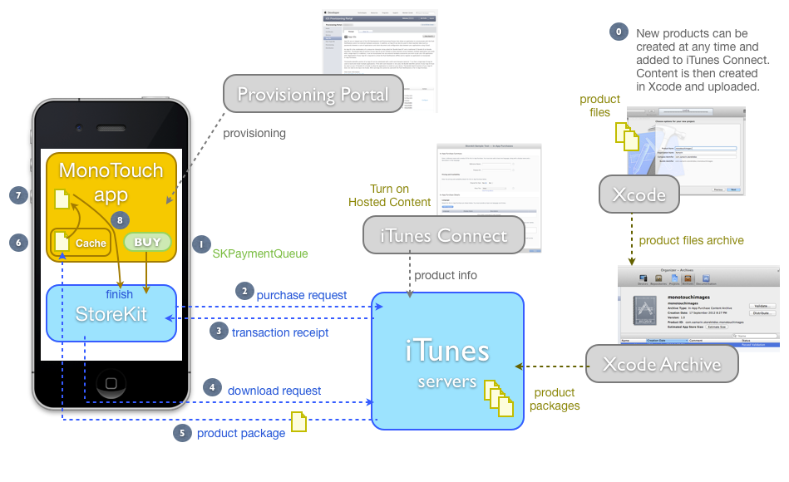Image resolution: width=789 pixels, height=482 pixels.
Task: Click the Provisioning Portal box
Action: [313, 94]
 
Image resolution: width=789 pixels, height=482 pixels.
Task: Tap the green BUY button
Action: [147, 242]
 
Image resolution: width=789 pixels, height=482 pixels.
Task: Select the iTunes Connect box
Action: [443, 235]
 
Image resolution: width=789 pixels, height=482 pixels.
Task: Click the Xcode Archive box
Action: [662, 364]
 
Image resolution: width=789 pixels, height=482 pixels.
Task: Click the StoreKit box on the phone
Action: [111, 313]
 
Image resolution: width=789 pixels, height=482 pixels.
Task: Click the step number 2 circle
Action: [244, 291]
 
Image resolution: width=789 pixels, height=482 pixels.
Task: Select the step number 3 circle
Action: [219, 331]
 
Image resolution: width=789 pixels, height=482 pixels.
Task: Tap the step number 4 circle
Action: [213, 388]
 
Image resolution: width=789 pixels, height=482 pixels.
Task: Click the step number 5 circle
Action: [182, 433]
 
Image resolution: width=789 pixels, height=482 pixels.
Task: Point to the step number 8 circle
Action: [121, 221]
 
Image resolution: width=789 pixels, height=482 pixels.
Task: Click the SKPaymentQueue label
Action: [260, 253]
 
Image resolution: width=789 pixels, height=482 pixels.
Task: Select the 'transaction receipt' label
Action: [280, 332]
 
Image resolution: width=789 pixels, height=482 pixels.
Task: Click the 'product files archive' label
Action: [691, 241]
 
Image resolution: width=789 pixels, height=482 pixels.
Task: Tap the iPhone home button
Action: [111, 383]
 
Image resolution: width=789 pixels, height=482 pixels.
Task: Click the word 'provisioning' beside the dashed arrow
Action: [254, 133]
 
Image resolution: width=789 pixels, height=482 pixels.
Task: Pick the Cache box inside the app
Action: [81, 243]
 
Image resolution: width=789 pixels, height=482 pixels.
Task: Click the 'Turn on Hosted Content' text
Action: [389, 195]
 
